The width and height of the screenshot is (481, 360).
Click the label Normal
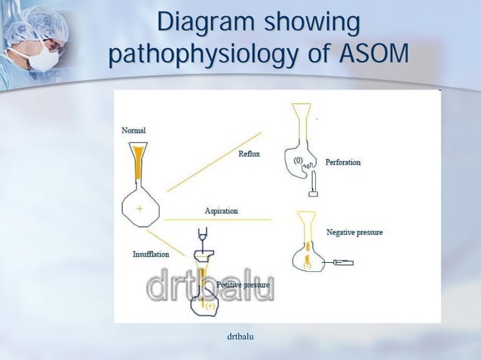click(134, 130)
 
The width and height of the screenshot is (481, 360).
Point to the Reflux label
click(249, 154)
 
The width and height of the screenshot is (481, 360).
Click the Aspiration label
click(222, 211)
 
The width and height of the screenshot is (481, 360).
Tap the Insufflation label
click(151, 254)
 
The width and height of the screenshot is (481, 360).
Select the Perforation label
click(343, 162)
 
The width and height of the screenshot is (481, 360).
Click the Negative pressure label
click(354, 232)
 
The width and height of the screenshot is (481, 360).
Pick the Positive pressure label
click(244, 285)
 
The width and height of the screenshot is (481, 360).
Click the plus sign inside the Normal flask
click(139, 206)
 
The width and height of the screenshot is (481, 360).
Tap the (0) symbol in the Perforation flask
click(298, 160)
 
